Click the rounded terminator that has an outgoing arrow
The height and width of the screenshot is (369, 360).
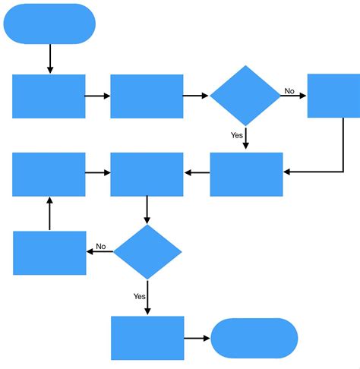(x=49, y=24)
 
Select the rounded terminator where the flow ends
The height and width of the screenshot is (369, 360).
(x=254, y=338)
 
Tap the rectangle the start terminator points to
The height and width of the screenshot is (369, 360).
(x=49, y=96)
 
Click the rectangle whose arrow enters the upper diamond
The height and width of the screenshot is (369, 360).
(x=147, y=96)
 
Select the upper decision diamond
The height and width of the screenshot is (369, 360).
(x=245, y=96)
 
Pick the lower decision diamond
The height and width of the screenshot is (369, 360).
(x=147, y=251)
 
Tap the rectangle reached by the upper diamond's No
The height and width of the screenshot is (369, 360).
(x=333, y=96)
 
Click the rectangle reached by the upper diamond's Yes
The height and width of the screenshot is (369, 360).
(x=246, y=175)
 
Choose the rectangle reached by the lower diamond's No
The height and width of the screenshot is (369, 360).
(x=49, y=253)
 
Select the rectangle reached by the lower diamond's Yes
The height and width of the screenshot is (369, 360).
(x=147, y=338)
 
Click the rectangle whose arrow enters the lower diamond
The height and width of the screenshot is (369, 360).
(x=147, y=175)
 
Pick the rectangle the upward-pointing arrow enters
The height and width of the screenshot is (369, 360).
(x=49, y=175)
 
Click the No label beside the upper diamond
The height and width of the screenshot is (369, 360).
(x=289, y=91)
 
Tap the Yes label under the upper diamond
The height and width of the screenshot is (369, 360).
(x=236, y=135)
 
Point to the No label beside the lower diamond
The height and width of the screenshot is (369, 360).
(x=100, y=247)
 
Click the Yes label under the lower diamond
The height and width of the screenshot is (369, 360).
(x=139, y=296)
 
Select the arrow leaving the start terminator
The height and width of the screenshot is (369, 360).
(x=50, y=58)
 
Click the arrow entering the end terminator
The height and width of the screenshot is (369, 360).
(x=197, y=338)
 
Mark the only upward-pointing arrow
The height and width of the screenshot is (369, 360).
(x=49, y=214)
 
